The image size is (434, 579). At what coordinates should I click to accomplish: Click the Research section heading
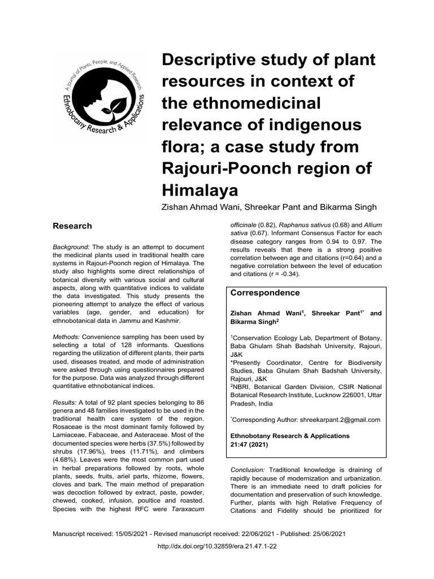pyautogui.click(x=72, y=226)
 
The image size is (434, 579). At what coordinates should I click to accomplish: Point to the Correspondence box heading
pyautogui.click(x=265, y=293)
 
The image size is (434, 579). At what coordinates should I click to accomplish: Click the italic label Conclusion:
pyautogui.click(x=248, y=470)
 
